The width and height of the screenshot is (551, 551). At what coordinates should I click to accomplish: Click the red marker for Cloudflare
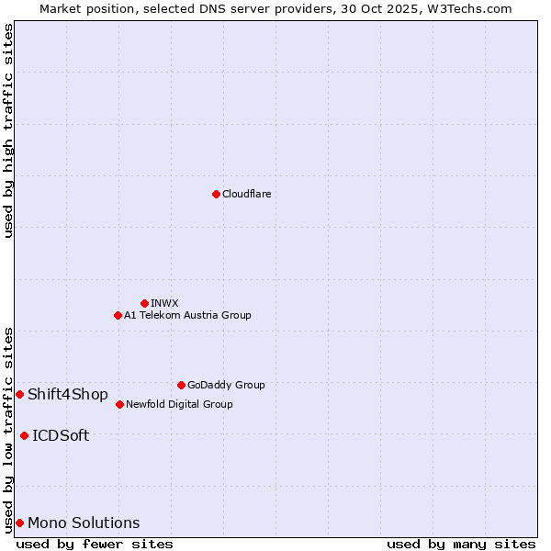(216, 194)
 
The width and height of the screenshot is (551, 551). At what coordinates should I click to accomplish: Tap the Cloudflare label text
(247, 195)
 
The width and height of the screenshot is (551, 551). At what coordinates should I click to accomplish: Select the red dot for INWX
(144, 303)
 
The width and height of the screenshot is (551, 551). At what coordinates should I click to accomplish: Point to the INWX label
(165, 304)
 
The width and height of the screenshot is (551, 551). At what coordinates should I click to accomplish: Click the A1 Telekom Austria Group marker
(118, 315)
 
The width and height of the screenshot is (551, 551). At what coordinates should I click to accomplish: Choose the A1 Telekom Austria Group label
(187, 316)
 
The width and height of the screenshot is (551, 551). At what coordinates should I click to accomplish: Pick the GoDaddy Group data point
(181, 385)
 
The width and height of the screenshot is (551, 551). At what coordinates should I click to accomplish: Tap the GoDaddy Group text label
(226, 386)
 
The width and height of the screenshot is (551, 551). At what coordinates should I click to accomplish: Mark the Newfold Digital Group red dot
(119, 404)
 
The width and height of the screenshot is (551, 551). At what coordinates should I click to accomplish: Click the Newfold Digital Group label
(179, 405)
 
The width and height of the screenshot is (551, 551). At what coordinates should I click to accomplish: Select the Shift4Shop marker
(19, 394)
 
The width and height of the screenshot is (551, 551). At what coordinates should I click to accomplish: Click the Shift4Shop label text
(68, 395)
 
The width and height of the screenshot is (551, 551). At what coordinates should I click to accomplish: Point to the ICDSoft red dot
(24, 435)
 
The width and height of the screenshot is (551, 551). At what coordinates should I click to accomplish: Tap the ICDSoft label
(61, 436)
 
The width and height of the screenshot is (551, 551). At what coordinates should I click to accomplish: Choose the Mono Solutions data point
(19, 523)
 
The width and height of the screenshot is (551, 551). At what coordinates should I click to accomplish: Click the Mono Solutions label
(84, 523)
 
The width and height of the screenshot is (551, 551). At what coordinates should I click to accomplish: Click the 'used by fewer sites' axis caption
(95, 544)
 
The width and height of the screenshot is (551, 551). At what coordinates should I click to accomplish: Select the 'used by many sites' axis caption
(461, 544)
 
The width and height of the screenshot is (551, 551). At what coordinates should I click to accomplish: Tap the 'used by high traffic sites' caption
(8, 130)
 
